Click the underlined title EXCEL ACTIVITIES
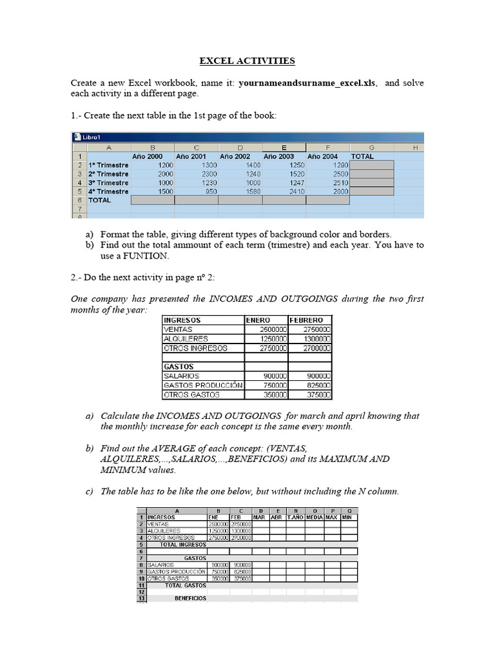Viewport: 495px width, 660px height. pos(247,61)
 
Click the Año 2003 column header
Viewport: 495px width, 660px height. pos(278,156)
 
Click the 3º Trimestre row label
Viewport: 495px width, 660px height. pos(108,182)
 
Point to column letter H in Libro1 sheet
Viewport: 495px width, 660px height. pos(415,148)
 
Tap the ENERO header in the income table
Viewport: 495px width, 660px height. pos(258,320)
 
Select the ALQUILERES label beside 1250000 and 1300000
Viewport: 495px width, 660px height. pos(186,339)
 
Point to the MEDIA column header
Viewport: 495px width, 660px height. pos(315,517)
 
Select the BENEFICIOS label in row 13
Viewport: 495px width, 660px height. pos(190,599)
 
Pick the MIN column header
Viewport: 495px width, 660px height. pos(347,517)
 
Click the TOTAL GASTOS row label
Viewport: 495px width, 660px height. pos(186,585)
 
